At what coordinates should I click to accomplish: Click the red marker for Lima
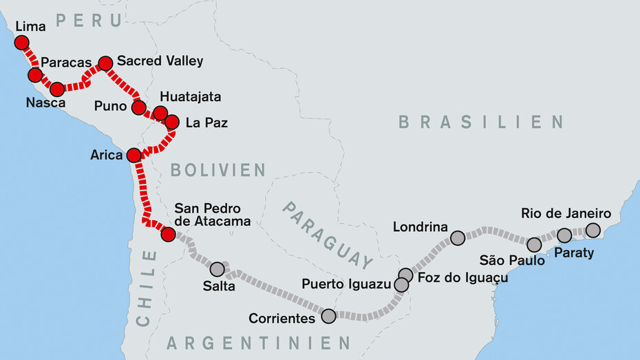[22, 43]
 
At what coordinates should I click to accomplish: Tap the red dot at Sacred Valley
[105, 63]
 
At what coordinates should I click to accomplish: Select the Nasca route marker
[57, 89]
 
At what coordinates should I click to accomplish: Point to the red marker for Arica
[134, 155]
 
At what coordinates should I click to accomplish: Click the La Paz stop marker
[172, 122]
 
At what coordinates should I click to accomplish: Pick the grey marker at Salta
[217, 269]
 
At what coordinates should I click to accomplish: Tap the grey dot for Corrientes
[328, 316]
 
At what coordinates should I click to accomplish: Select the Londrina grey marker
[458, 238]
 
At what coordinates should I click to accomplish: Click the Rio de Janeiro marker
[593, 230]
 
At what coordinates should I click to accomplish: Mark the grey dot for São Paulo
[534, 244]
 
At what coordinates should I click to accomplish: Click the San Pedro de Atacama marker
[168, 234]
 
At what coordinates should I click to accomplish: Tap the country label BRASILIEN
[481, 123]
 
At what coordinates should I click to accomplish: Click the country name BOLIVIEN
[217, 170]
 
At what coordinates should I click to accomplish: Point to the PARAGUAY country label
[328, 234]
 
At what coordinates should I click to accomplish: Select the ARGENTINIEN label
[259, 343]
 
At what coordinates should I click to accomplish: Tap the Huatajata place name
[190, 96]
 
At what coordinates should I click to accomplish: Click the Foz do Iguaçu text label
[462, 277]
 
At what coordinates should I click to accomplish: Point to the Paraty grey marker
[564, 235]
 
